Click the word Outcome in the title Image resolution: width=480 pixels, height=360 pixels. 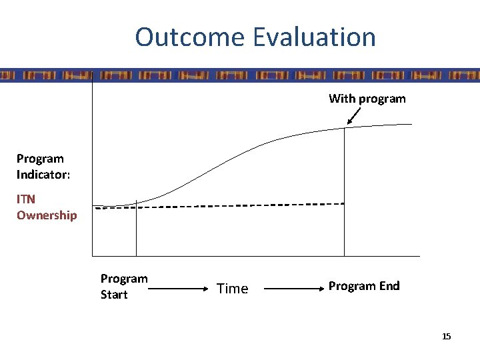coord(190,37)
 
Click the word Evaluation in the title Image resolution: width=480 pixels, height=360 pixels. coord(314,37)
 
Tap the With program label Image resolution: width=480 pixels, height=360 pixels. coord(367,99)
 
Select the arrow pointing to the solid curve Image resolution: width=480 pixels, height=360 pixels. coord(354,117)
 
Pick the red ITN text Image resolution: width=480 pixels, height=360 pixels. coord(26,199)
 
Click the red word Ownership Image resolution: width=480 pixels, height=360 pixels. coord(47,215)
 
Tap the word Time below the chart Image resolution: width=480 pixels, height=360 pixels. coord(232,289)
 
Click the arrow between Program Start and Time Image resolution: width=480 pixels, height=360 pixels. coord(175,289)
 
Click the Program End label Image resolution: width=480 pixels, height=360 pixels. coord(364,286)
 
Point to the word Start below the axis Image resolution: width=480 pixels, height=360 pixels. coord(114,294)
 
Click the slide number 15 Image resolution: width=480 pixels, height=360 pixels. coord(446,336)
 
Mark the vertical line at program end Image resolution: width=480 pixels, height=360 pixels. coord(344,193)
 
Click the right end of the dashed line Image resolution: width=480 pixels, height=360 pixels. coord(343,203)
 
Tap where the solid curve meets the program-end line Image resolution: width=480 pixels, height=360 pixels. coord(344,128)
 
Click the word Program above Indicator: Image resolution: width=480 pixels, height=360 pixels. coord(40,159)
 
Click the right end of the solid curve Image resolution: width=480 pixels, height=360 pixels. coord(411,125)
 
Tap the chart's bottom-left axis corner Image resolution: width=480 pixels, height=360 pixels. coord(93,255)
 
